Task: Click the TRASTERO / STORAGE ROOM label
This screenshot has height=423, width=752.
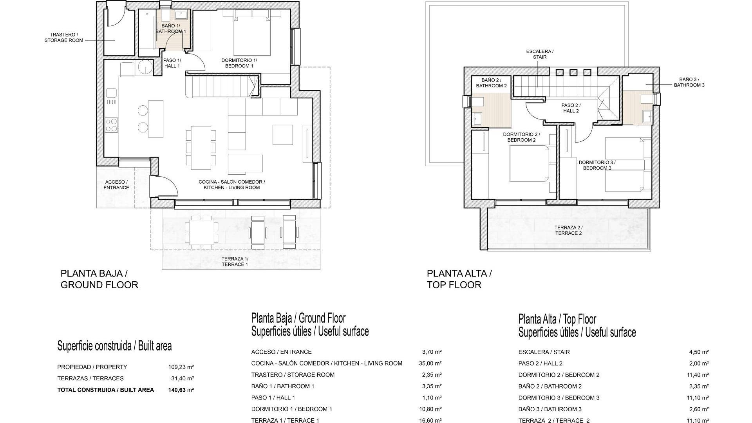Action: point(64,38)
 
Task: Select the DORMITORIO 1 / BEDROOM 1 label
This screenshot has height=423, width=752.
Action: point(239,63)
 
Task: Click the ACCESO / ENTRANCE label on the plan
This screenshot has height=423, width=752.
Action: point(116,185)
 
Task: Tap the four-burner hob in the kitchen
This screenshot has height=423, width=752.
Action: point(111,125)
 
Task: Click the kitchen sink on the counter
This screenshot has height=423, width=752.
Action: point(111,93)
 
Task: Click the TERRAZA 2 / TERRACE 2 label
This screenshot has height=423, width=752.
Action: point(568,230)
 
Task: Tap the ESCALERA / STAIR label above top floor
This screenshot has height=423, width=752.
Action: point(540,54)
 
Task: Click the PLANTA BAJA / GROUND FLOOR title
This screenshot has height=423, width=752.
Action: point(99,279)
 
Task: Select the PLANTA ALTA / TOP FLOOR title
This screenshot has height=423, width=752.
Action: point(459,279)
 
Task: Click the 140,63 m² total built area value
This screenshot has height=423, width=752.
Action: point(181,390)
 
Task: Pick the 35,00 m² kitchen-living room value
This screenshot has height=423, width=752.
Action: point(430,363)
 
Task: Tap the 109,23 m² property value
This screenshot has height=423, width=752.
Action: point(181,367)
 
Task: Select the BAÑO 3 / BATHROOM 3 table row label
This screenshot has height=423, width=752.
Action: point(550,409)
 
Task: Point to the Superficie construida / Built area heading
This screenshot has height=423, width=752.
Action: point(114,346)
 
